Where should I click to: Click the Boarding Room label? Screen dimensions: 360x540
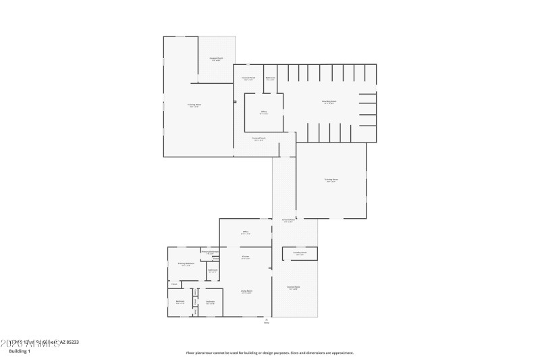tap(329, 102)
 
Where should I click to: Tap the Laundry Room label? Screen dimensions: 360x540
tap(300, 253)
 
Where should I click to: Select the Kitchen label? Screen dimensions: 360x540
tap(246, 257)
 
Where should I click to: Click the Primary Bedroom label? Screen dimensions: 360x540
tap(186, 263)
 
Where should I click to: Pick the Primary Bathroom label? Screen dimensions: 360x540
tap(210, 252)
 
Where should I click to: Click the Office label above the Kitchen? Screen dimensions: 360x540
tap(246, 233)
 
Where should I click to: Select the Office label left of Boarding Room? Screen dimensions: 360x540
tap(263, 113)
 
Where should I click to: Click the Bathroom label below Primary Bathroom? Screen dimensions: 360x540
tap(213, 271)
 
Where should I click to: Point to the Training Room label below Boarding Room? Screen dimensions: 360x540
tap(331, 180)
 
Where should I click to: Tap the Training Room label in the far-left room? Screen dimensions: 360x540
tap(194, 105)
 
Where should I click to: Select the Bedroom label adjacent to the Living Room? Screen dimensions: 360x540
tap(210, 302)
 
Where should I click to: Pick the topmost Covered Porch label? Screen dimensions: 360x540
tap(216, 59)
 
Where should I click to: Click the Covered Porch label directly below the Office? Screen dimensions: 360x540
tap(259, 138)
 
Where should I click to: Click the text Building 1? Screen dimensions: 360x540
tap(20, 352)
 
